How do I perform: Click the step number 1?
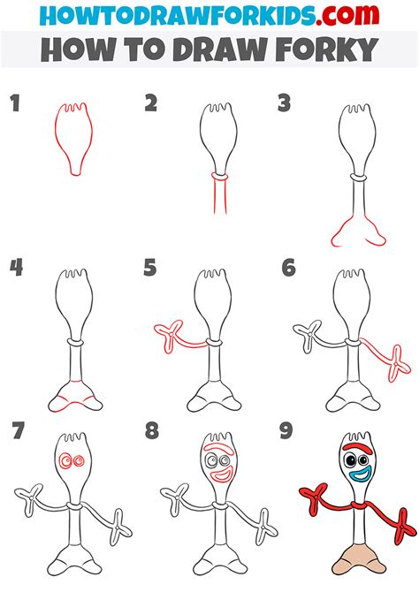point(15,103)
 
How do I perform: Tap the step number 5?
point(150,268)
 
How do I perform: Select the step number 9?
point(286,431)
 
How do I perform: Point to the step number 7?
point(18,431)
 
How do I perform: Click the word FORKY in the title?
point(327,49)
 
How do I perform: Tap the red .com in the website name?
point(348,15)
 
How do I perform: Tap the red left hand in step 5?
point(169,333)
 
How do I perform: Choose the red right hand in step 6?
point(398,363)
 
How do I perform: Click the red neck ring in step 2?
point(219,176)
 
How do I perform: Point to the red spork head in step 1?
point(73,139)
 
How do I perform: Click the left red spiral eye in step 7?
point(65,460)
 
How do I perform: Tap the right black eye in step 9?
point(363,460)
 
